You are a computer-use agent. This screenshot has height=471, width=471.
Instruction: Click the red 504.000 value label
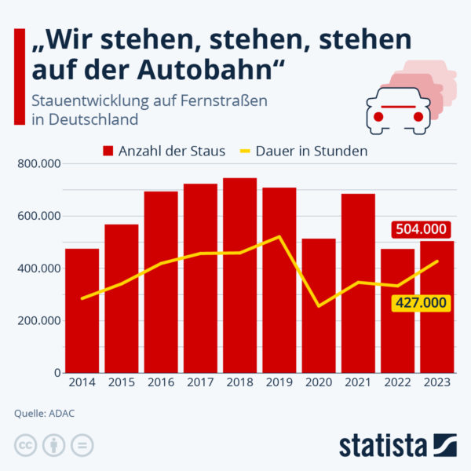click(420, 229)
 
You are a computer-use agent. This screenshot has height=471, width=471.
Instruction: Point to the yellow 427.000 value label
click(420, 303)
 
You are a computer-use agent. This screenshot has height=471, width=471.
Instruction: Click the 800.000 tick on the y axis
click(40, 164)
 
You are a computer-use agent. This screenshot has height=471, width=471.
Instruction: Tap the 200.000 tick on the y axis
click(40, 320)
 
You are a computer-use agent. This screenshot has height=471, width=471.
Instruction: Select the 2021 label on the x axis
click(358, 382)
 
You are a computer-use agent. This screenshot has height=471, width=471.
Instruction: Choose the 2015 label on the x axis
click(121, 382)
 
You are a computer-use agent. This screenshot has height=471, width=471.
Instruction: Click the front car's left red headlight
click(378, 117)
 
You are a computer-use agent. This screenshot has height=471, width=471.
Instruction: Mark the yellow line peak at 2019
click(279, 236)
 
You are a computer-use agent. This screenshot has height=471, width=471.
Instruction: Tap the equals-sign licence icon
click(82, 444)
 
